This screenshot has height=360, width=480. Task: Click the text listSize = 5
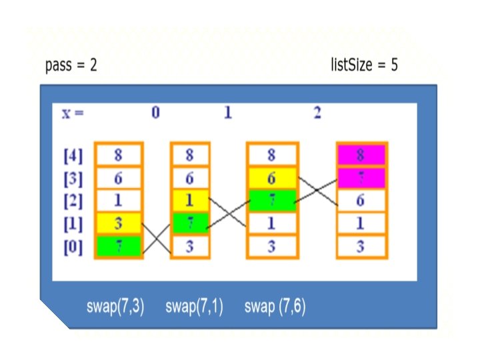pos(364,65)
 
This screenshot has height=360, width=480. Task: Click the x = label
pos(73,113)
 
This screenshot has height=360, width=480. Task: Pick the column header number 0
pos(155,113)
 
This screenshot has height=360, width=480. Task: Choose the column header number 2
pos(317,113)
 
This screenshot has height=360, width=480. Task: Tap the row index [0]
pos(73,247)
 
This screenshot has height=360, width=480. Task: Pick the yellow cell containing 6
pos(271,179)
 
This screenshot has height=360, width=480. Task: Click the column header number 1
pos(227,113)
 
